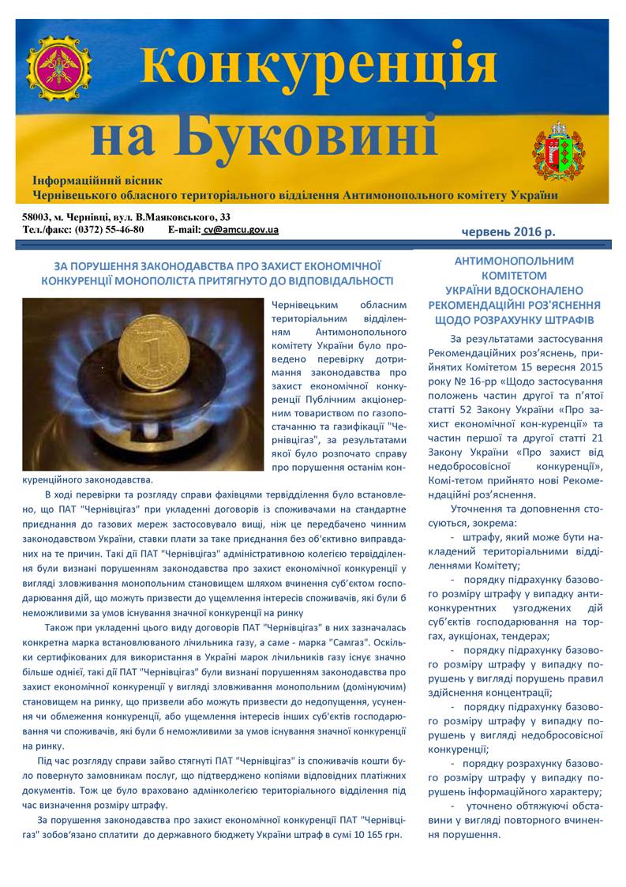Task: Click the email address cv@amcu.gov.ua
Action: (x=240, y=230)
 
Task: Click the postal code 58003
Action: (x=37, y=216)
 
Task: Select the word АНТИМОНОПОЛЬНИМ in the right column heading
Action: (x=514, y=261)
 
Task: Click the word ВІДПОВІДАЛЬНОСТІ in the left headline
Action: (x=325, y=280)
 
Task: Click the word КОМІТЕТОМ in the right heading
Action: (x=514, y=276)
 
